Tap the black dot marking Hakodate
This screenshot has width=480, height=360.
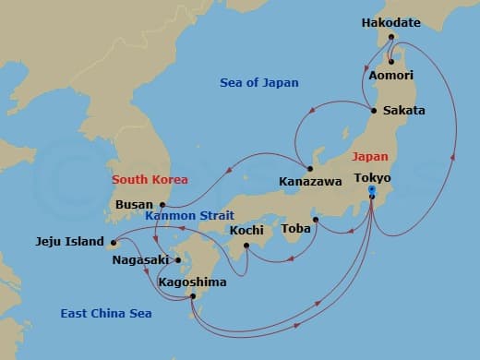tap(392, 38)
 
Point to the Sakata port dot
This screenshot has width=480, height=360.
tap(374, 111)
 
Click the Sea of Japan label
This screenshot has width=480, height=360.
tap(259, 83)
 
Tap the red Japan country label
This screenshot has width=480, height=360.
tap(369, 157)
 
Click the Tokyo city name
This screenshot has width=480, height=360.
tap(372, 177)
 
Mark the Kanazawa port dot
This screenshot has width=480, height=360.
tap(310, 169)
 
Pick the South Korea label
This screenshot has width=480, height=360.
tap(150, 179)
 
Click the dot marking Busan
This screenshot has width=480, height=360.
tap(162, 205)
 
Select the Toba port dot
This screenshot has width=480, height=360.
tap(315, 220)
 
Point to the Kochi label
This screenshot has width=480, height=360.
tap(246, 230)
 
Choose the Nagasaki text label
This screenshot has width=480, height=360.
tap(140, 260)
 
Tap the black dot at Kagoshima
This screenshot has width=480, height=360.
tap(192, 296)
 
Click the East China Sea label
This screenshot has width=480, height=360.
tap(105, 314)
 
